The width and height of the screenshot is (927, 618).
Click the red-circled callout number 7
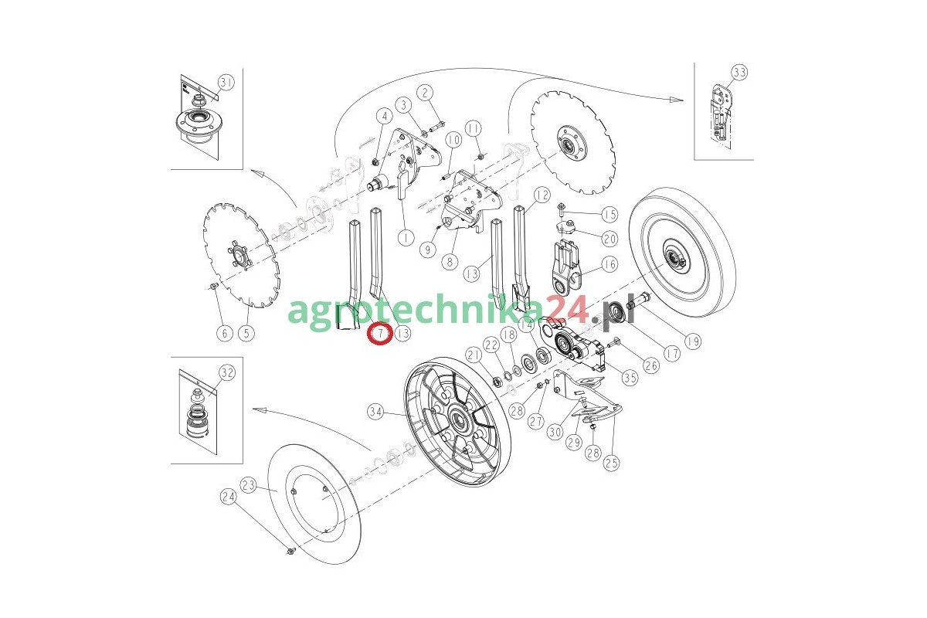[380, 333]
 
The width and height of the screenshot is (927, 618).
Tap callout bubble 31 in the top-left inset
[226, 83]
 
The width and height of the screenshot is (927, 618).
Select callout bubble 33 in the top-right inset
[739, 73]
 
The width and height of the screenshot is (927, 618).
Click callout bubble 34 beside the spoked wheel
[375, 412]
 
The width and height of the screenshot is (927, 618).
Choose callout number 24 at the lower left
[229, 497]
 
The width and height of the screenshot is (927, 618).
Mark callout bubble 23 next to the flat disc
[248, 485]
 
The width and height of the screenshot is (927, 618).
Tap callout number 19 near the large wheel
[693, 341]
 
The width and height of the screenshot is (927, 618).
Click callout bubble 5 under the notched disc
[246, 333]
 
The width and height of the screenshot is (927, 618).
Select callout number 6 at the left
[225, 333]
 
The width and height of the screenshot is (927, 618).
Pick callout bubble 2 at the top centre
[425, 93]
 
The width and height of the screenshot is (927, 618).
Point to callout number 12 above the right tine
[542, 195]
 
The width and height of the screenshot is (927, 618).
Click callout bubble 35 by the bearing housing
[630, 378]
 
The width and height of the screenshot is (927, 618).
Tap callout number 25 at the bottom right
[612, 463]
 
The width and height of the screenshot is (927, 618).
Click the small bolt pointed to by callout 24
[291, 551]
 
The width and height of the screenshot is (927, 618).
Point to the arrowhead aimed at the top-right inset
[676, 100]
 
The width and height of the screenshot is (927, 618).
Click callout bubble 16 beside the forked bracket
[610, 263]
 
